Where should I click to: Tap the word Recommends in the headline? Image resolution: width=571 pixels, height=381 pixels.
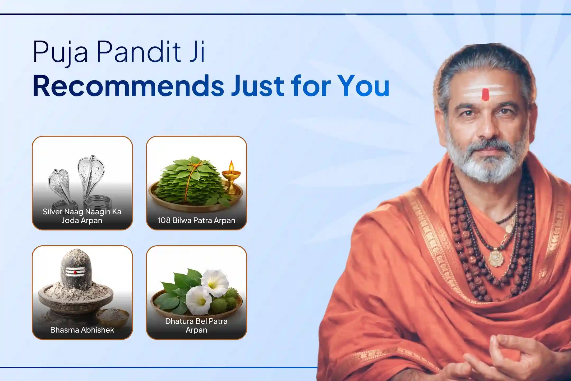pos(128,86)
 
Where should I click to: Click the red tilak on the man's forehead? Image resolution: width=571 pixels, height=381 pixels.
pos(486,94)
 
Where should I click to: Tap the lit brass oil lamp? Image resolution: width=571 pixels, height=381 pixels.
pos(231,177)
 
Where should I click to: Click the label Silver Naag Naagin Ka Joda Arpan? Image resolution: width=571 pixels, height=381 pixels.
pos(82,216)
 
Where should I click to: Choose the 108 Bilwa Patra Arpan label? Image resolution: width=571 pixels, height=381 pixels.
pos(196,220)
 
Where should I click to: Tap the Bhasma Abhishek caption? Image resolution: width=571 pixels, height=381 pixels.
pos(82,330)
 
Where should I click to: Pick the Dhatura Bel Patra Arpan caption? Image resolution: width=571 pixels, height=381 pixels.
pos(196,325)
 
